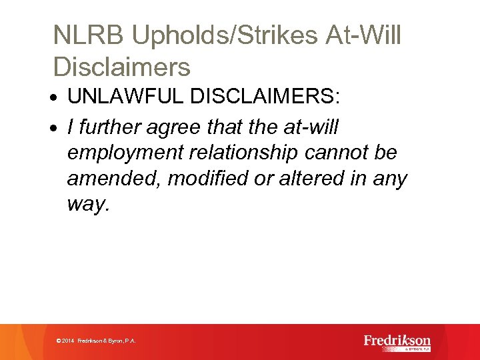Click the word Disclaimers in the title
tap(121, 67)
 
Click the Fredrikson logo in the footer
tap(397, 341)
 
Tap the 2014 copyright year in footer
tap(67, 341)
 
